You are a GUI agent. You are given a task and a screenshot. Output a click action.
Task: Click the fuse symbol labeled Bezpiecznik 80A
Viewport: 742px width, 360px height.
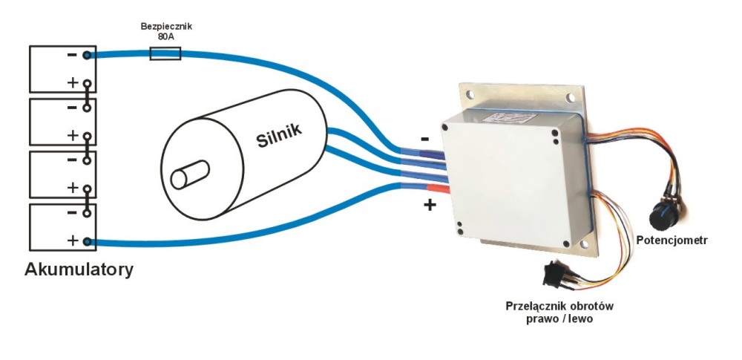point(165,53)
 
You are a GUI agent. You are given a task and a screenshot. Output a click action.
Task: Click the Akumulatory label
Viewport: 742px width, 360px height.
point(79,269)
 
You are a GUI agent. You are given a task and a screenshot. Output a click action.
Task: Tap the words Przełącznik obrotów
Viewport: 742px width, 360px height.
point(561,306)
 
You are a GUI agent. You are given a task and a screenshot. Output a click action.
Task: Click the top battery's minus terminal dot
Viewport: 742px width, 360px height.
point(88,55)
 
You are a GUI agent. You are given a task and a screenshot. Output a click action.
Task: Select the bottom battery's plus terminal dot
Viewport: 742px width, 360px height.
point(88,241)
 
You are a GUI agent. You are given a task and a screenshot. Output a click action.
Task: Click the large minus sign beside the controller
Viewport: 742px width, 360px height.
point(424,139)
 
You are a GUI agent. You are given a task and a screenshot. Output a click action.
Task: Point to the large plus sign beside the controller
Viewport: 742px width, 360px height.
point(429,204)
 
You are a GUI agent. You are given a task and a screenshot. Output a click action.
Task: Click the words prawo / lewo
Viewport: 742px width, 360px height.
point(562,320)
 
